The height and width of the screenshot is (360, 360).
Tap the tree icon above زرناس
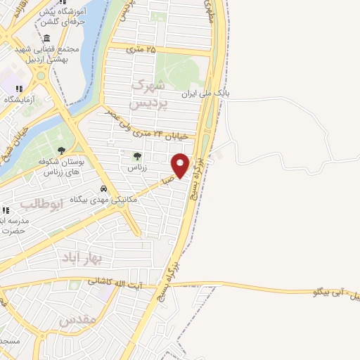pos(136,156)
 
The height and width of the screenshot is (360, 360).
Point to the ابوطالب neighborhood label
pos(41,204)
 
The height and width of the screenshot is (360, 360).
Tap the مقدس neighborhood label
pos(77,320)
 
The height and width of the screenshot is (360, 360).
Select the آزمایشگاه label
pos(20,100)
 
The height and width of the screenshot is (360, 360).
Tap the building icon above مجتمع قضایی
pos(46,38)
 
